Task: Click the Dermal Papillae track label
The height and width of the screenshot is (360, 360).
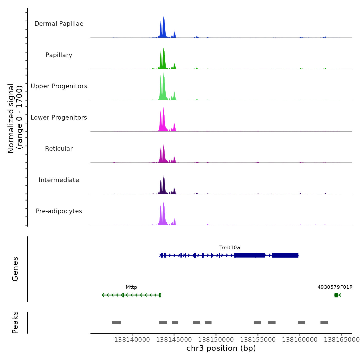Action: click(59, 24)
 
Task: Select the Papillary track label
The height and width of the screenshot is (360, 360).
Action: click(59, 55)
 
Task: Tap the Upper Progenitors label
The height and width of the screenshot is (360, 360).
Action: click(59, 86)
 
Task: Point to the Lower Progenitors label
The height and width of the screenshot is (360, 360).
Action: click(59, 118)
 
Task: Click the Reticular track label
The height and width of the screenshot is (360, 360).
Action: click(59, 149)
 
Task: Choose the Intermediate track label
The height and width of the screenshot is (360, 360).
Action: click(59, 180)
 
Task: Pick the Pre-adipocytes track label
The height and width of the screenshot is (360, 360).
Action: click(59, 211)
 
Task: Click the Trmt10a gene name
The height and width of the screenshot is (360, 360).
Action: click(229, 248)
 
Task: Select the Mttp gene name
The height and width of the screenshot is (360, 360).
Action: click(131, 287)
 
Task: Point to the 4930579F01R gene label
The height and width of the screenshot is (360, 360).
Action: click(335, 287)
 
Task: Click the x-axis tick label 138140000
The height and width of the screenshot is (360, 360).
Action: click(132, 339)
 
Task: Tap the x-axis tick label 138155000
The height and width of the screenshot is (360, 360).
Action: click(258, 339)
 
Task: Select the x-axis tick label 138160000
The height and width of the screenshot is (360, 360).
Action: click(300, 339)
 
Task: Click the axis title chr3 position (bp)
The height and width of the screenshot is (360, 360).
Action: click(221, 348)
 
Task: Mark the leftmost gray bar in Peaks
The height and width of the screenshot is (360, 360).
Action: click(116, 323)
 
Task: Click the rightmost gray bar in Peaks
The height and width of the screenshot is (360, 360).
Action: click(324, 323)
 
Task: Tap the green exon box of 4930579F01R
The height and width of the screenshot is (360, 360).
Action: click(336, 295)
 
